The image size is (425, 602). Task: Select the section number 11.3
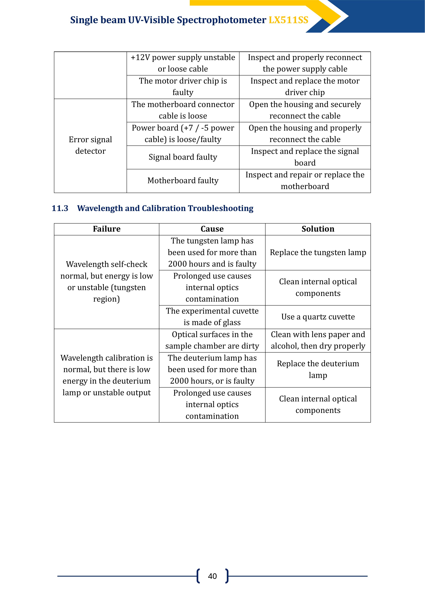point(60,208)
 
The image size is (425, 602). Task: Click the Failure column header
point(107,229)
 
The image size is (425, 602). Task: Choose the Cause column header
point(212,229)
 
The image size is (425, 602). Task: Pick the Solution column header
point(318,229)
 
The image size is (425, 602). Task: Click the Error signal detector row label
point(90,145)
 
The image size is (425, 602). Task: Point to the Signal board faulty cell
point(183,157)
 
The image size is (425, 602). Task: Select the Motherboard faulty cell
point(183,181)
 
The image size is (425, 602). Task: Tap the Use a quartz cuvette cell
point(318,317)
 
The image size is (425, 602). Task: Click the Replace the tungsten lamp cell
point(318,253)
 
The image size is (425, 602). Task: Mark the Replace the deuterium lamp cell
point(318,369)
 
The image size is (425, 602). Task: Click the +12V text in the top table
point(140,57)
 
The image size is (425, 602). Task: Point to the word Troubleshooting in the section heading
point(220,208)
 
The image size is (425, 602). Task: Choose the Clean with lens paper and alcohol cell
point(318,340)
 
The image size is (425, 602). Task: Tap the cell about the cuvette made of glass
point(212,317)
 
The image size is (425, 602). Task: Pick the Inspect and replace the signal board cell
point(305,157)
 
